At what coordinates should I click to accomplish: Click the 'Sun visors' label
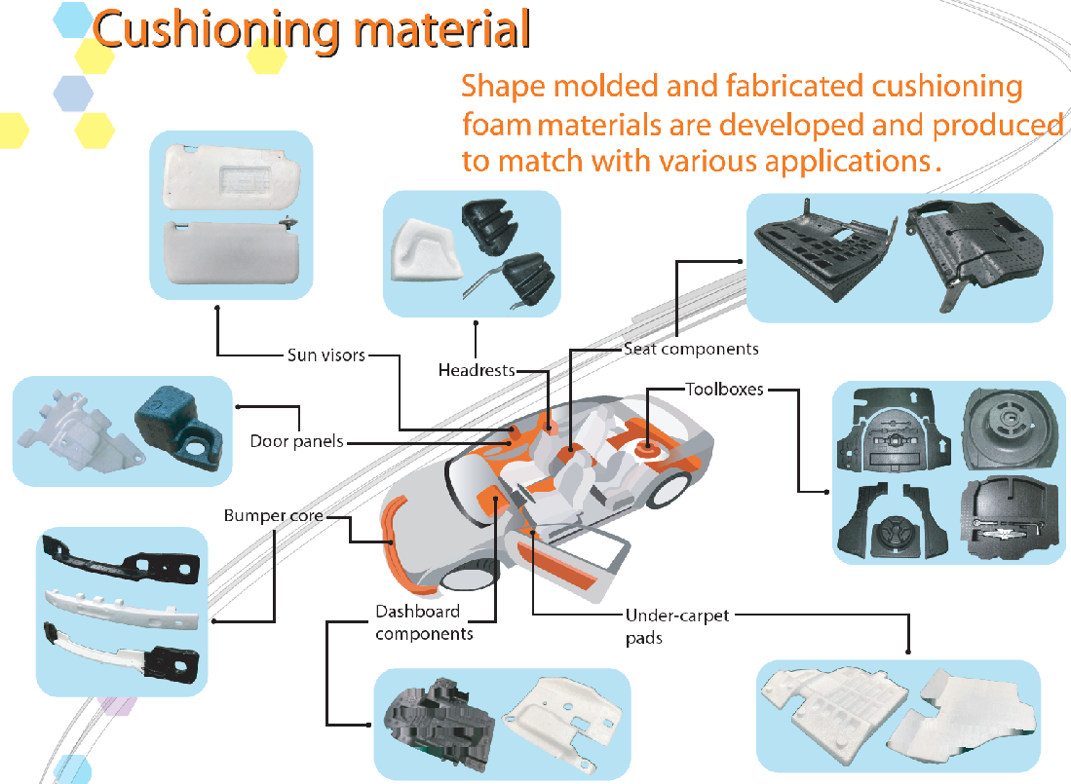click(325, 355)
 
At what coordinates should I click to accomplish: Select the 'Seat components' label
click(690, 348)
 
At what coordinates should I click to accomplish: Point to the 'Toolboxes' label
click(724, 390)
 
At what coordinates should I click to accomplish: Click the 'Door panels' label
click(296, 441)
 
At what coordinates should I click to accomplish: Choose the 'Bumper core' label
click(273, 515)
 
